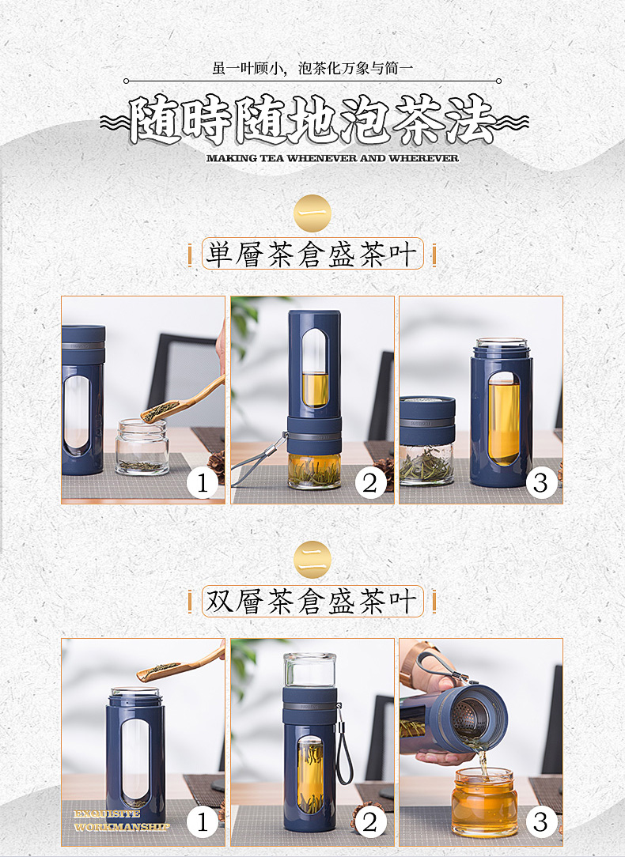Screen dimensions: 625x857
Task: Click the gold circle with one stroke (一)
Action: (312, 213)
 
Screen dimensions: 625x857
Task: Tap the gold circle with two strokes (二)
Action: (312, 559)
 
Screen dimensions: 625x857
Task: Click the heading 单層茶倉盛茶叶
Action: (312, 254)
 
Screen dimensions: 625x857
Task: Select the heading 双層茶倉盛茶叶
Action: (312, 601)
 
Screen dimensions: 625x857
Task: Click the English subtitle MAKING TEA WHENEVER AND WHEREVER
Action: (332, 158)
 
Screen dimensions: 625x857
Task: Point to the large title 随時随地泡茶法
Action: (313, 120)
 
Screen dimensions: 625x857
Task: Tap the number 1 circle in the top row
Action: (203, 482)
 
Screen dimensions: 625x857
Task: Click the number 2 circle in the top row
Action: (371, 482)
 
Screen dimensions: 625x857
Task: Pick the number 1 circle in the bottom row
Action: (203, 822)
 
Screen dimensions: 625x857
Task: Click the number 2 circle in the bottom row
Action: (371, 822)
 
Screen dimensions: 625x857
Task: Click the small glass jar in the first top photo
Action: (142, 447)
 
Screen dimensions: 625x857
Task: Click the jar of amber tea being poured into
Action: (484, 802)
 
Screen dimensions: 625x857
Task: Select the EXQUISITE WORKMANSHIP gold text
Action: (121, 821)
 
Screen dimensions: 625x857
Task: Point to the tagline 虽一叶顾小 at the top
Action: (248, 68)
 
